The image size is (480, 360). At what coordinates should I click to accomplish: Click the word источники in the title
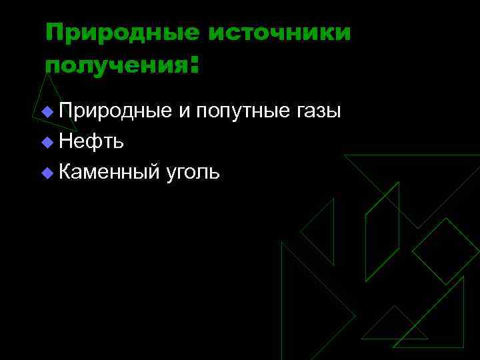coord(279,32)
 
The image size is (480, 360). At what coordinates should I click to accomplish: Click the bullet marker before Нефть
coord(46,142)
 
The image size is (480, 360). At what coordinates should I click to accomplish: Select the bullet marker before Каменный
coord(46,173)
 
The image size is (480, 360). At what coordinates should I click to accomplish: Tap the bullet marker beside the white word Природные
coord(46,111)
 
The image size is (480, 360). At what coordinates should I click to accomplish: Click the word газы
coord(317,111)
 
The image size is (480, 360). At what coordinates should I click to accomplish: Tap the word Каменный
coord(109,173)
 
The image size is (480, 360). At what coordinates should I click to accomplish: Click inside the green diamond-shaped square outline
coord(445,251)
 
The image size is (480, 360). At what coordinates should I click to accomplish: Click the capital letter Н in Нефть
coord(65,141)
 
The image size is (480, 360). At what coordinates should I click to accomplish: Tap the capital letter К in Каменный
coord(65,172)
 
